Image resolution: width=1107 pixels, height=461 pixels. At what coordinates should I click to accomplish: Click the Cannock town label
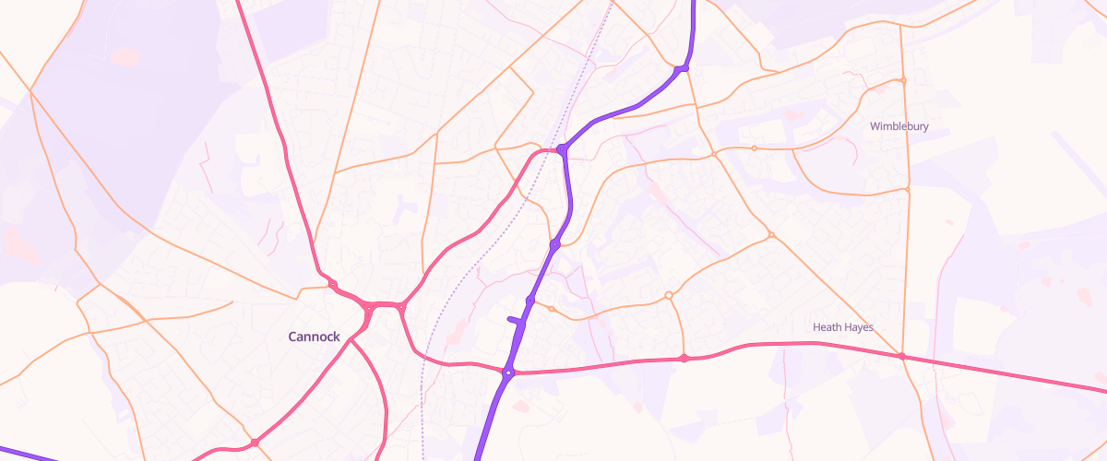point(314,337)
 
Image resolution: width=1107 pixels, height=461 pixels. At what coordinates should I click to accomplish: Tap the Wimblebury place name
point(899,126)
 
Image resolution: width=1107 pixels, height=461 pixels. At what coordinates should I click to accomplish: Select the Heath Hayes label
point(842,327)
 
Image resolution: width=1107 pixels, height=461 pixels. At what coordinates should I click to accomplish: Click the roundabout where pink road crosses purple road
point(507,372)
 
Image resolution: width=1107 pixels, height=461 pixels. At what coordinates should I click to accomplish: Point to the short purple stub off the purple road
point(514,320)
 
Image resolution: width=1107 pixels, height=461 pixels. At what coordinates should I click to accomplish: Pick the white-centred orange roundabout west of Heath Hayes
point(668,295)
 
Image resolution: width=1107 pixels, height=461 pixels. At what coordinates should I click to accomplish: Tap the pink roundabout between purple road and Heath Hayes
point(684,358)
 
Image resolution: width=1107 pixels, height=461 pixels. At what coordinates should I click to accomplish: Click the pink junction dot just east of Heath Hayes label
point(901,356)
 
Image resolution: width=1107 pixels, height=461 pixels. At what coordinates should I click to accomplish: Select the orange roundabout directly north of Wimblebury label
point(903,81)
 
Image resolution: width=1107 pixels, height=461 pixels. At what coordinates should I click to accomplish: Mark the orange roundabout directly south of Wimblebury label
point(908,190)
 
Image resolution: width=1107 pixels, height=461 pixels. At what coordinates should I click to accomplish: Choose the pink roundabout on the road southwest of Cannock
point(254,443)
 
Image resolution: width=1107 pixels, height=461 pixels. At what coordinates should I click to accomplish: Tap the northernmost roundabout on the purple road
point(681,69)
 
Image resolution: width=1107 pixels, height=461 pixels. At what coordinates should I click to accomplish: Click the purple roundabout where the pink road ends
point(561,148)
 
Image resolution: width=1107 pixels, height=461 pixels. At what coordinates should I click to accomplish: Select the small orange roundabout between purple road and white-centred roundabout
point(552,309)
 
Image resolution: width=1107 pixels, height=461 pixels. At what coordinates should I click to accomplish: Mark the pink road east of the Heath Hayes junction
point(1006,372)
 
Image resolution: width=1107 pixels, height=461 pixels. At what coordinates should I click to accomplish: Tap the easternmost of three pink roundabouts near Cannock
point(401,305)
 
